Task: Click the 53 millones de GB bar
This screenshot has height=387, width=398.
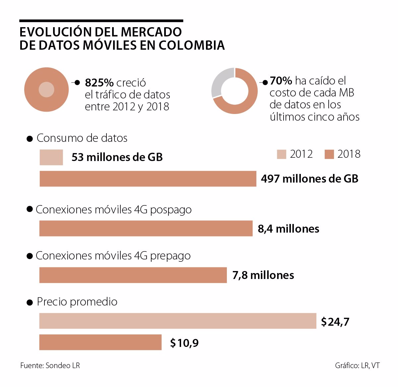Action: click(51, 157)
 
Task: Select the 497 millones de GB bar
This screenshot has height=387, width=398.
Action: click(148, 179)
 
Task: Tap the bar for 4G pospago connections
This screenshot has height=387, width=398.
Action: click(146, 229)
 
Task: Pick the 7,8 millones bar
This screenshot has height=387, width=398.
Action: click(133, 275)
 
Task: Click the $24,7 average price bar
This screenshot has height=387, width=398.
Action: click(177, 321)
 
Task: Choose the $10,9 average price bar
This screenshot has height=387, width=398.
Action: click(100, 342)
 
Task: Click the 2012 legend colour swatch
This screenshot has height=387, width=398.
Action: click(281, 154)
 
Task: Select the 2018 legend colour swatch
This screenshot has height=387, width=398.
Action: click(329, 154)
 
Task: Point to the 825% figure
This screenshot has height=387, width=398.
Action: click(99, 83)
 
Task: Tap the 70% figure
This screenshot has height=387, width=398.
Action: click(281, 81)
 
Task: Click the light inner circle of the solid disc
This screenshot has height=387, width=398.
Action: click(46, 89)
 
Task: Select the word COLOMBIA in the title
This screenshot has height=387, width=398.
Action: click(192, 45)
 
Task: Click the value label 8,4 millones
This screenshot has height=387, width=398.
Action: click(289, 229)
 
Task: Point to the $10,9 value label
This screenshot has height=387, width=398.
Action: click(184, 343)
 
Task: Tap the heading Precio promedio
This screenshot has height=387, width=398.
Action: click(77, 302)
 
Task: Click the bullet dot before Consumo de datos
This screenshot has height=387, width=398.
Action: click(30, 139)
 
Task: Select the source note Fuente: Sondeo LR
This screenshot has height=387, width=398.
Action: click(50, 365)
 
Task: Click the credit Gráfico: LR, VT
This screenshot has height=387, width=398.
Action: click(357, 365)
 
